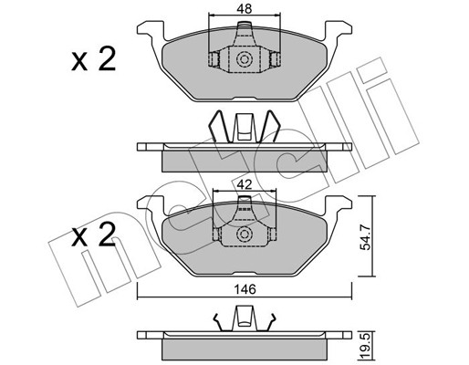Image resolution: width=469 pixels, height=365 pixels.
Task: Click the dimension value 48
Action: (245, 9)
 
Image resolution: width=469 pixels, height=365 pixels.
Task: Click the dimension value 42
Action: (245, 185)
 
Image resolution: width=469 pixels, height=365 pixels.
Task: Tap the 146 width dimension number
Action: (245, 289)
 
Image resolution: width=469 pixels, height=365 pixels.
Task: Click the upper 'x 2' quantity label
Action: (93, 60)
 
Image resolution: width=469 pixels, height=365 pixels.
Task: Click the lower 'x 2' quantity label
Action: (93, 234)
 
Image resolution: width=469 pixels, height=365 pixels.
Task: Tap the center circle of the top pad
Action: (245, 58)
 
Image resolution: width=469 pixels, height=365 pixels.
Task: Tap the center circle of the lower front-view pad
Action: (245, 234)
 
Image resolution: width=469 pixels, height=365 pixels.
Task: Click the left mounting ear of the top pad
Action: (151, 30)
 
